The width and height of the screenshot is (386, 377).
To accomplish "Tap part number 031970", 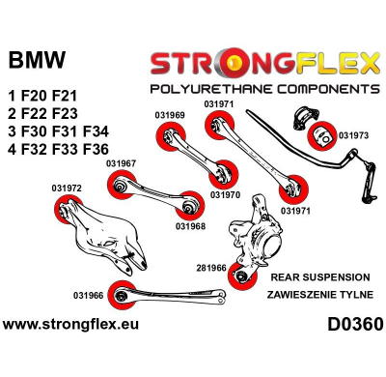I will [x=224, y=193].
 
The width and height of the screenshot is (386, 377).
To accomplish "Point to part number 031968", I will [x=190, y=227].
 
